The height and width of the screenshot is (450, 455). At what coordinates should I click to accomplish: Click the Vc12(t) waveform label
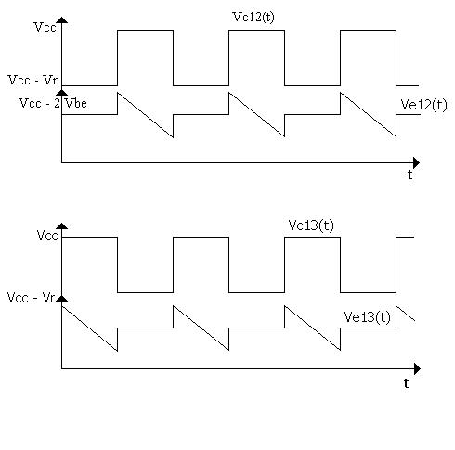click(x=253, y=17)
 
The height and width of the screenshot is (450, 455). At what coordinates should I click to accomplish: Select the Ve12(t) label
click(x=423, y=105)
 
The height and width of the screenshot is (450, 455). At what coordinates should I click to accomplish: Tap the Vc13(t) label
click(x=311, y=225)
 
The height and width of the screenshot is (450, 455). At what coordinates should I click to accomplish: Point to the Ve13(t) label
click(x=367, y=317)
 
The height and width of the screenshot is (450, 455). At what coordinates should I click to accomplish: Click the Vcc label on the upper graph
click(x=45, y=27)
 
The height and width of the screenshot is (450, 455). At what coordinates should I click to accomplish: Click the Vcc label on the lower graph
click(x=47, y=236)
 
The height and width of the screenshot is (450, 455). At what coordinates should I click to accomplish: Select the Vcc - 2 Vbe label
click(x=53, y=103)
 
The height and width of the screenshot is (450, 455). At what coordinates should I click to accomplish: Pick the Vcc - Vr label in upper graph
click(x=32, y=80)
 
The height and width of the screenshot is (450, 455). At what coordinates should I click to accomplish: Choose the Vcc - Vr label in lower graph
click(x=31, y=298)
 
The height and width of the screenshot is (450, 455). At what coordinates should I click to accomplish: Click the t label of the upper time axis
click(x=409, y=174)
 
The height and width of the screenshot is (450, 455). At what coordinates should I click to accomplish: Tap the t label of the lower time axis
click(x=406, y=383)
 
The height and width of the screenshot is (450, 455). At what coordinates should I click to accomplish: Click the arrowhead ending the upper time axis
click(x=417, y=162)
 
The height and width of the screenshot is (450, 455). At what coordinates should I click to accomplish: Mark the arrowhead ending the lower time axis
click(x=417, y=368)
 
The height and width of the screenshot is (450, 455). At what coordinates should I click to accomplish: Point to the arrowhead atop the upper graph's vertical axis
click(x=62, y=20)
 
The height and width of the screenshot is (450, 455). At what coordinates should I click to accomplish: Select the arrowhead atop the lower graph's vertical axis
click(x=62, y=226)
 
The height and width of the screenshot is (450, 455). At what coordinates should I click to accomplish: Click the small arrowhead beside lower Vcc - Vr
click(x=62, y=299)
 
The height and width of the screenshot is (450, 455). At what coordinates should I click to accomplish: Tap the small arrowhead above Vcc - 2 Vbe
click(x=62, y=92)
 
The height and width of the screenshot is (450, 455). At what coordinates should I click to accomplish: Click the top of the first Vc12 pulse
click(x=145, y=30)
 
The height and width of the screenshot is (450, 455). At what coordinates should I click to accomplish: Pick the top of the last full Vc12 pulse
click(x=368, y=30)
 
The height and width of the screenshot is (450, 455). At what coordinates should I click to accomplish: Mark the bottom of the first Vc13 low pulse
click(x=145, y=292)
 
